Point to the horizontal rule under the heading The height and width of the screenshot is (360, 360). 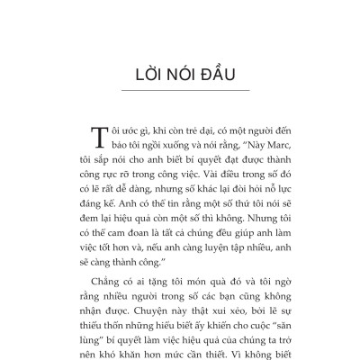pos(180,91)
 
